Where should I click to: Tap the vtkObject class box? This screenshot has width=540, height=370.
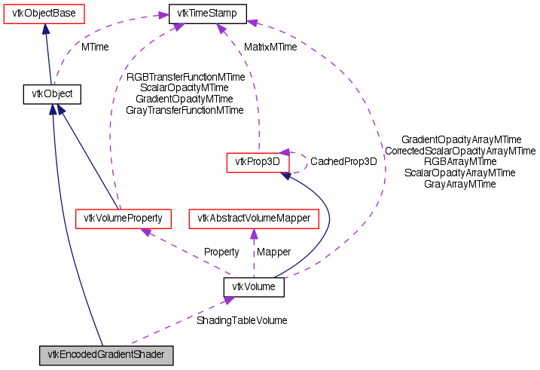click(x=51, y=94)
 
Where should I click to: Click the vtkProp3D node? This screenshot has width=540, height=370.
click(x=258, y=161)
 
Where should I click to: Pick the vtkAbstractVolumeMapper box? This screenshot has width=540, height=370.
click(x=254, y=219)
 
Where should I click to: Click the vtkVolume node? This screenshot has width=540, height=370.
click(x=254, y=287)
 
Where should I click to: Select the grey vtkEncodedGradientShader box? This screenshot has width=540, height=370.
click(x=107, y=354)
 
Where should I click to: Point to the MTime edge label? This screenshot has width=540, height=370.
click(x=95, y=47)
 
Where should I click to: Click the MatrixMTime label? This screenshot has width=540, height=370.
click(x=270, y=47)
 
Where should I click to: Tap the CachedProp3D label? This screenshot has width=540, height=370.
click(x=343, y=161)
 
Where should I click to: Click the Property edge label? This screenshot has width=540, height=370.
click(x=221, y=251)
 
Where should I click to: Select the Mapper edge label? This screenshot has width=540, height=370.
click(x=274, y=251)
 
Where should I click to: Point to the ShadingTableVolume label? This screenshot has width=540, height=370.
click(x=241, y=320)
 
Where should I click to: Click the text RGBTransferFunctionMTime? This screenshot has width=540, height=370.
click(x=185, y=77)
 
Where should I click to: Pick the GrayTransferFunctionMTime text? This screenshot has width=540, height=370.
click(x=185, y=110)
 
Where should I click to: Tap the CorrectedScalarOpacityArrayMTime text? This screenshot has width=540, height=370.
click(x=459, y=151)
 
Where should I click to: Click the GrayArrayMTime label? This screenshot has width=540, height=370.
click(x=459, y=184)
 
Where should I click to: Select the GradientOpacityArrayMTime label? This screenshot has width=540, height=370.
click(x=461, y=140)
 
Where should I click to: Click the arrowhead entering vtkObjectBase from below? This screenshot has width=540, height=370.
click(x=46, y=28)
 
